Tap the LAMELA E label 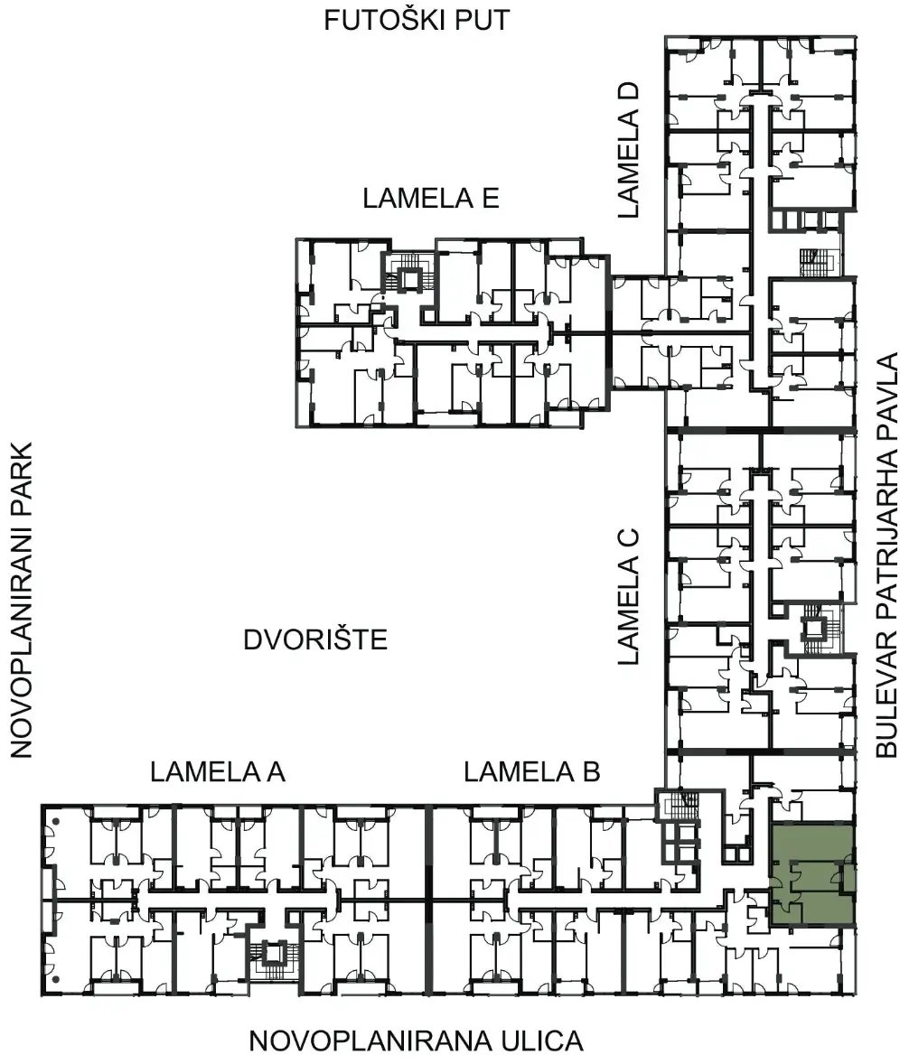pyautogui.click(x=431, y=198)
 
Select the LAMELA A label pyautogui.click(x=217, y=771)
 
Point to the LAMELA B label pyautogui.click(x=532, y=771)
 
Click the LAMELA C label pyautogui.click(x=628, y=596)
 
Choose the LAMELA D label pyautogui.click(x=628, y=150)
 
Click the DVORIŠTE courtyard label pyautogui.click(x=315, y=639)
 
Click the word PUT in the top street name pyautogui.click(x=479, y=21)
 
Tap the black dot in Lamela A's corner pyautogui.click(x=57, y=822)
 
